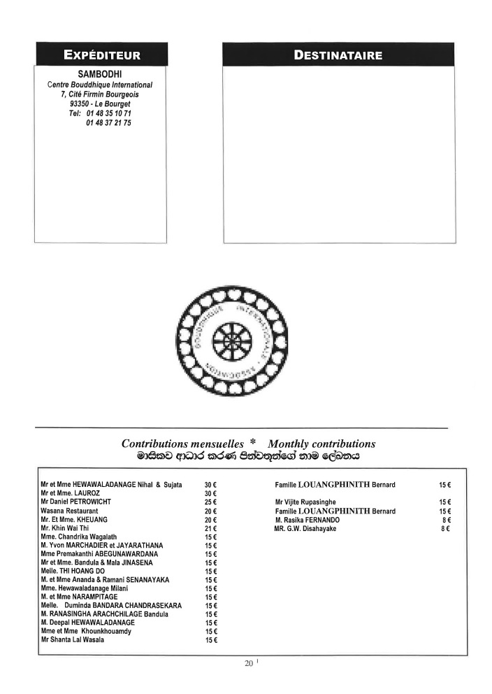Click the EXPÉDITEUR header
[x=102, y=55]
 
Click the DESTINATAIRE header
[x=338, y=55]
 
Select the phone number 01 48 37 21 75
[x=108, y=123]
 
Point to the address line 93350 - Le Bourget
[x=100, y=104]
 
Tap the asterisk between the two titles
[x=252, y=444]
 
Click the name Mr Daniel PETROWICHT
[x=76, y=502]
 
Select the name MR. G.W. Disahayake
[x=305, y=529]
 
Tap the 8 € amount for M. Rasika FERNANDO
[x=445, y=520]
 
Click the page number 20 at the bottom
[x=248, y=663]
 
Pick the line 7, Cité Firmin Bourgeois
[x=101, y=94]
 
